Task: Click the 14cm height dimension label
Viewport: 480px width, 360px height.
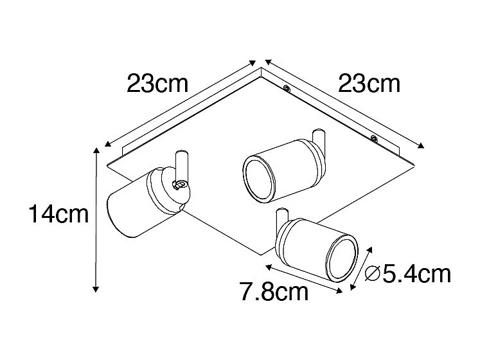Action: click(58, 215)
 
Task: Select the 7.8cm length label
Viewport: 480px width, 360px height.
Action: click(274, 293)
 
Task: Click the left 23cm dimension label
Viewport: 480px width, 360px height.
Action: click(157, 84)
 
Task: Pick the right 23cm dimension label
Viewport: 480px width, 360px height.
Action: click(369, 84)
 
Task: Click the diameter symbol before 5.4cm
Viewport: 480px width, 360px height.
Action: click(372, 275)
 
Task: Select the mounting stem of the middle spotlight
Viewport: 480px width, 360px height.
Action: click(317, 139)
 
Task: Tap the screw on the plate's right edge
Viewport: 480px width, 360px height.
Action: click(373, 136)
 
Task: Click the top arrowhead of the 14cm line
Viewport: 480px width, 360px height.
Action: click(96, 150)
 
